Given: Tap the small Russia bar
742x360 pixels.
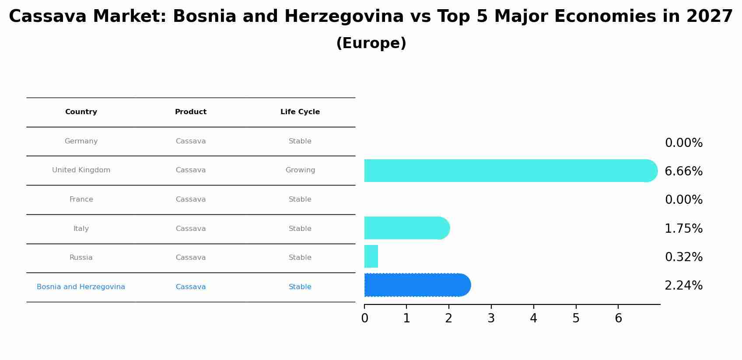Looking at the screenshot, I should click(x=371, y=256).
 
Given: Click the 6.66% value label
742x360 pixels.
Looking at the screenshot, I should click(x=683, y=171).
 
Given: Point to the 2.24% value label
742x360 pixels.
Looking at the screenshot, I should click(x=683, y=286).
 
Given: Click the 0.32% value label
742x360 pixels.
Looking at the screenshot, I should click(x=683, y=257).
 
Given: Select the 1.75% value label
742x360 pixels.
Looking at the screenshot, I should click(x=683, y=229).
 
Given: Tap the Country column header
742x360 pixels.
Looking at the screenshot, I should click(x=81, y=112).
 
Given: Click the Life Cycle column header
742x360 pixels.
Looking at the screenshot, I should click(x=300, y=112).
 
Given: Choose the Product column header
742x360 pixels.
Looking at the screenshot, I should click(x=191, y=112).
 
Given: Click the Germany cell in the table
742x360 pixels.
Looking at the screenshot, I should click(x=81, y=141).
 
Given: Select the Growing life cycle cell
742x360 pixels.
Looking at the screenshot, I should click(x=300, y=170).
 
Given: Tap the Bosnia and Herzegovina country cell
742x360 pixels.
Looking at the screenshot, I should click(x=81, y=287).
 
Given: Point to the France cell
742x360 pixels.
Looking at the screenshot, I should click(x=81, y=199).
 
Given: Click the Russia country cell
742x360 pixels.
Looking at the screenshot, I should click(x=81, y=258).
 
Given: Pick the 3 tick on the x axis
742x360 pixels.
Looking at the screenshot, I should click(x=491, y=318).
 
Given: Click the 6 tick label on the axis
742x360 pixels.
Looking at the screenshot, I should click(x=618, y=318).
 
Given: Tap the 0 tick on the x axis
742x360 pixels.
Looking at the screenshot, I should click(x=364, y=318).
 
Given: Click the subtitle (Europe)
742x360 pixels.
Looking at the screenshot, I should click(x=371, y=43).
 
